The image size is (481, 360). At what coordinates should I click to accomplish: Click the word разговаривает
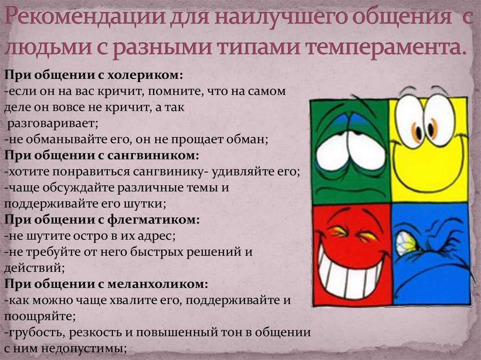(x=53, y=123)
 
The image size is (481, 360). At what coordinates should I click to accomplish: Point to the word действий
(x=34, y=268)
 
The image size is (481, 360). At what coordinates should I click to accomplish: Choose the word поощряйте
(x=39, y=316)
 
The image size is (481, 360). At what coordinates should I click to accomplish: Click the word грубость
(x=34, y=332)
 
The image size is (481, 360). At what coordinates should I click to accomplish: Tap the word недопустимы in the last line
(x=84, y=348)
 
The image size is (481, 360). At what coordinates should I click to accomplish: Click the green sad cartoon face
(x=350, y=151)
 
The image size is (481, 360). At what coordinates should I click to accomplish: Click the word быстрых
(x=157, y=252)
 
